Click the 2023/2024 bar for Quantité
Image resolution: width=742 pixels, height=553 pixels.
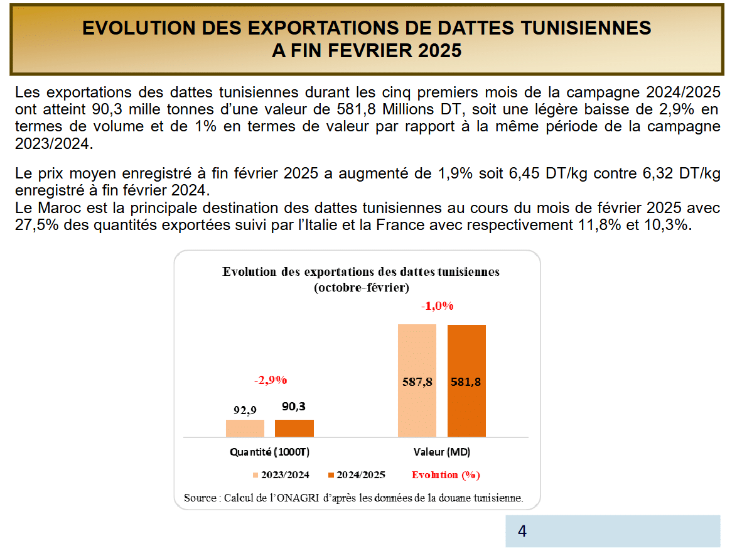pyautogui.click(x=245, y=428)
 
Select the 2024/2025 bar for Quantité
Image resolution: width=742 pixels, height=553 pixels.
pyautogui.click(x=294, y=428)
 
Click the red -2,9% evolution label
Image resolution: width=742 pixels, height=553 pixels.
pyautogui.click(x=270, y=380)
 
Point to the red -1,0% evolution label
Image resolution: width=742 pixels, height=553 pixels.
pyautogui.click(x=437, y=306)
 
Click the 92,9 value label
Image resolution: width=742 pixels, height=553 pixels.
pyautogui.click(x=245, y=410)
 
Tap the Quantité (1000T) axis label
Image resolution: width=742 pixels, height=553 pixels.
pyautogui.click(x=270, y=452)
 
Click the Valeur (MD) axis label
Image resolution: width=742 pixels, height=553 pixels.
pyautogui.click(x=442, y=452)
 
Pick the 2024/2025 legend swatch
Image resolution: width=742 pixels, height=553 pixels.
pyautogui.click(x=330, y=475)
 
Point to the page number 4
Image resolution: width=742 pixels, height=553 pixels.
pyautogui.click(x=522, y=532)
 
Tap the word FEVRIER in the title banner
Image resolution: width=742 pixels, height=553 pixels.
pyautogui.click(x=370, y=50)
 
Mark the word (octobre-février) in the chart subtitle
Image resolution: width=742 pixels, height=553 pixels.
pyautogui.click(x=361, y=288)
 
